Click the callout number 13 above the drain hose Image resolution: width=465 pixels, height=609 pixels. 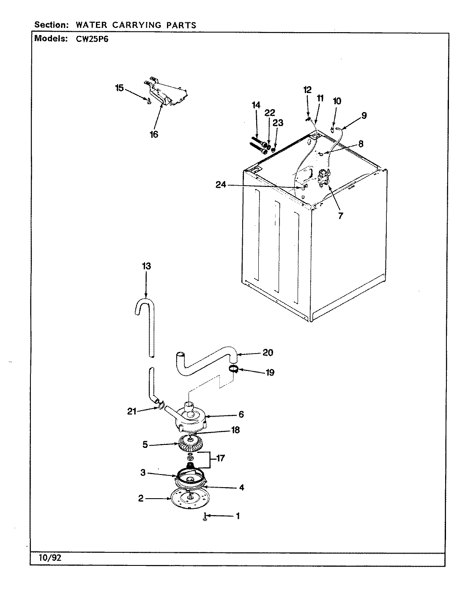(146, 266)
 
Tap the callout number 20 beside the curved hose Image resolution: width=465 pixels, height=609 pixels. (268, 352)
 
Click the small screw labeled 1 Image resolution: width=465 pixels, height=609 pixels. (205, 517)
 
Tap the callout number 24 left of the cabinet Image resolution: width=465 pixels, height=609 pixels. (221, 185)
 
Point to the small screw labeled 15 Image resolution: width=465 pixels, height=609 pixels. (148, 100)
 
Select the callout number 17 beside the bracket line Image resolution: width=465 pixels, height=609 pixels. (220, 458)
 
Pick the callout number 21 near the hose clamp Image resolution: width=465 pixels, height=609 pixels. (132, 411)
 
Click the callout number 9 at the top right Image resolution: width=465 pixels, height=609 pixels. (364, 115)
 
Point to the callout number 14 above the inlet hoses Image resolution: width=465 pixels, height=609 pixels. (256, 105)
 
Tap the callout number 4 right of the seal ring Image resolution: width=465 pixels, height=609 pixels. (241, 487)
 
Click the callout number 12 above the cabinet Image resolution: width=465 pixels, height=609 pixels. (307, 90)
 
